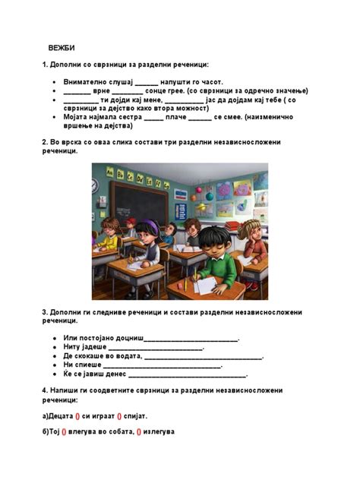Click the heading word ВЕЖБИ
[x=62, y=48]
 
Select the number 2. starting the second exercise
[x=46, y=142]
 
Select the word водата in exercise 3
[x=126, y=355]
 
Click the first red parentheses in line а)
[x=77, y=416]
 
